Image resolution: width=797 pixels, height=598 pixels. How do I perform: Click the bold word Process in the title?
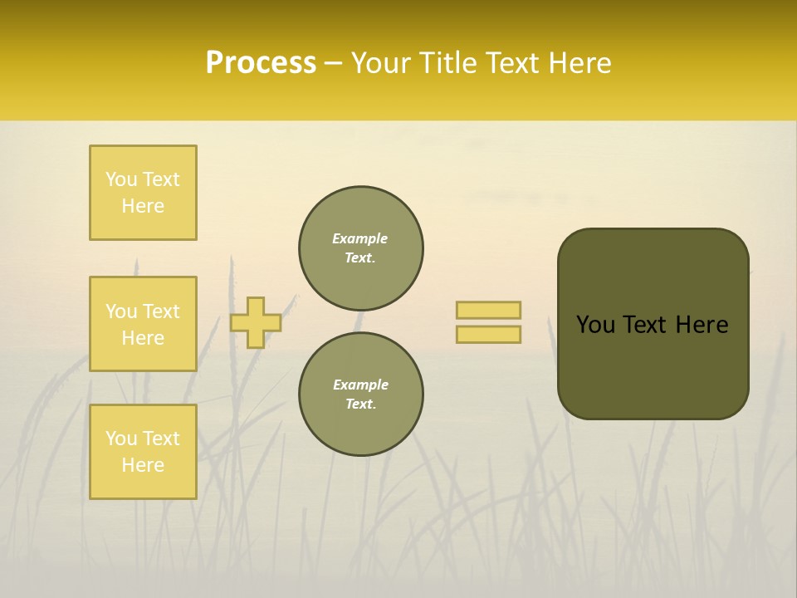[261, 63]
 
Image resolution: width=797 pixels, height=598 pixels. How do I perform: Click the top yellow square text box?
[143, 193]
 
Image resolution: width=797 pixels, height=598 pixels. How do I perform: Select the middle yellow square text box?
[143, 324]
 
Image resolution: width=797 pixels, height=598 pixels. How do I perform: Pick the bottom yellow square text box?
[143, 452]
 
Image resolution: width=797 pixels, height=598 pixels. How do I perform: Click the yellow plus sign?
[256, 322]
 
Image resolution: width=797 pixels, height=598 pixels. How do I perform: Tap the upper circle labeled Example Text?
[361, 248]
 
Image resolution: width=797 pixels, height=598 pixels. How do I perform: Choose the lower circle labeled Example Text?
[361, 395]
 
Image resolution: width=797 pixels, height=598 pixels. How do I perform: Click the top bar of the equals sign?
[488, 311]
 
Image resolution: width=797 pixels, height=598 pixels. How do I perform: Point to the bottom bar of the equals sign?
[488, 335]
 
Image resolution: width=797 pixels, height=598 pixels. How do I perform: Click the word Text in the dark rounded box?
[646, 325]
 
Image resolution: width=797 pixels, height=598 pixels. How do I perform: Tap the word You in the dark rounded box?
[596, 325]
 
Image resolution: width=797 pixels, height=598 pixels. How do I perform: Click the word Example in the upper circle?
[360, 239]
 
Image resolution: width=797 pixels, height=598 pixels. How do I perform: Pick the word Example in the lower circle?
[360, 385]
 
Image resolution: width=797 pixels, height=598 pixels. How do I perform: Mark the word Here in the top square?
[143, 206]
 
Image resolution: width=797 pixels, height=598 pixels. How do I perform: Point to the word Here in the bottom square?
[143, 465]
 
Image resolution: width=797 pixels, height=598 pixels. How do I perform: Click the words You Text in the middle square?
[143, 311]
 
